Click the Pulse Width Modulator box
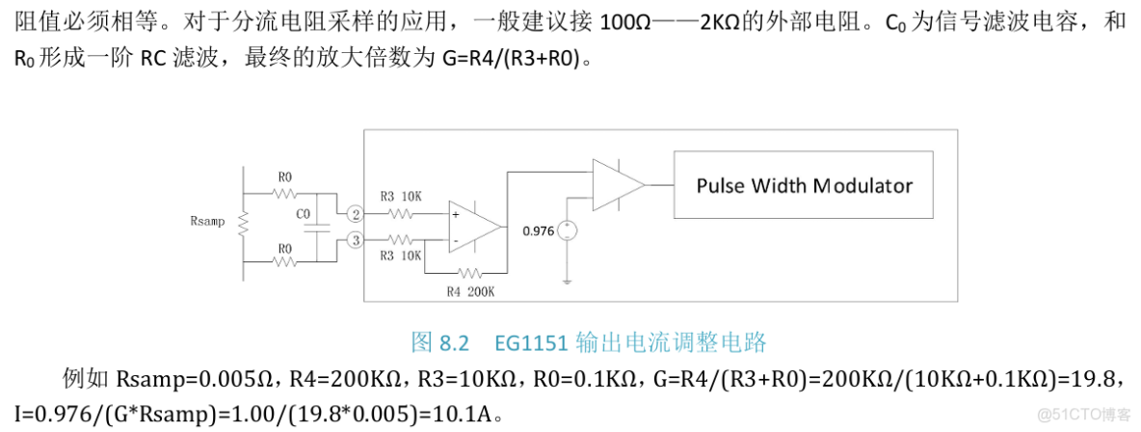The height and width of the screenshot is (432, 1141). (804, 184)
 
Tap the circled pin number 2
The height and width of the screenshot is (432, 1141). (356, 213)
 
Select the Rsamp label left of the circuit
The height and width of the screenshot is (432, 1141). (207, 221)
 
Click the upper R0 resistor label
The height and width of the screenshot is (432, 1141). (284, 177)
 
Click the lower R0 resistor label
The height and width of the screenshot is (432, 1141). (284, 248)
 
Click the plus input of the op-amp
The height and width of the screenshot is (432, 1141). (455, 217)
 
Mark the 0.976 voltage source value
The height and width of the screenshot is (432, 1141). (537, 231)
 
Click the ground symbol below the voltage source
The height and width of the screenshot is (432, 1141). (568, 281)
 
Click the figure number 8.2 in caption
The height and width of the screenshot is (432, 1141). (453, 342)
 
